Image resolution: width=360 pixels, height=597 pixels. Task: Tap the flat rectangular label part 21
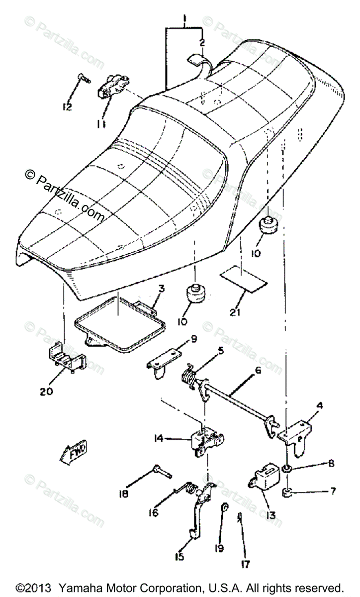pos(243,279)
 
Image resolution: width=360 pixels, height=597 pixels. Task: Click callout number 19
pos(220,535)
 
